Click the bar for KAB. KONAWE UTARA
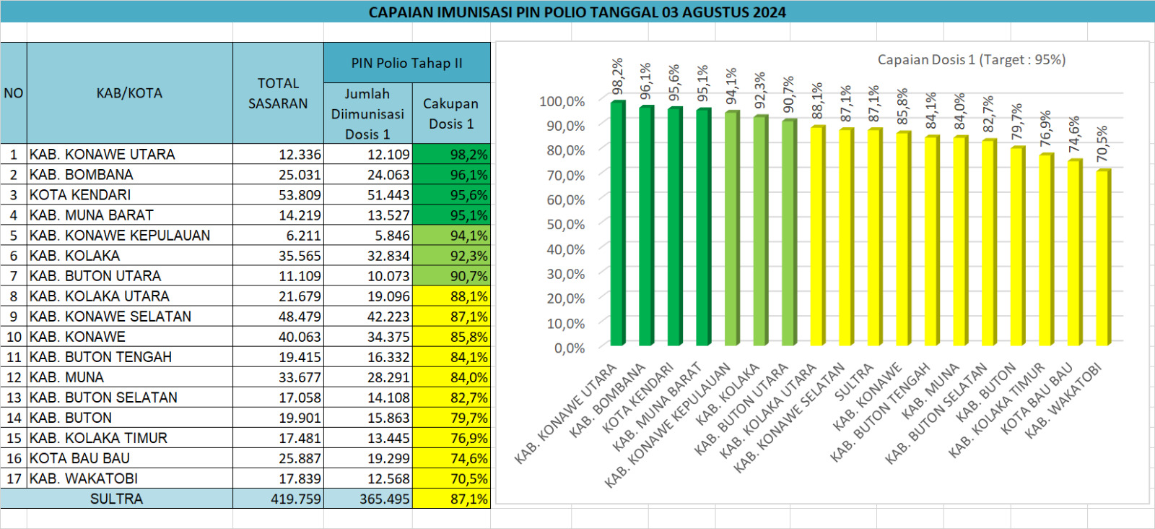point(617,224)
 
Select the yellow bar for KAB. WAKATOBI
point(1102,257)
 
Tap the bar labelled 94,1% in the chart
point(731,228)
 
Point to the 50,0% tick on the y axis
point(565,225)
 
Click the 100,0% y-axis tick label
point(562,102)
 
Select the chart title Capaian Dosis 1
point(971,60)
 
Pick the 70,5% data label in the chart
point(1102,145)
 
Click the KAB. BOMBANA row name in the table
point(82,175)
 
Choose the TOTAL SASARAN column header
point(278,93)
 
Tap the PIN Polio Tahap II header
point(406,63)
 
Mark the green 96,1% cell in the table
point(452,175)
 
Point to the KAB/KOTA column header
point(129,93)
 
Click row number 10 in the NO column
point(14,337)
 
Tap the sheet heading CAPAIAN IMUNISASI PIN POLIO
point(577,12)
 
